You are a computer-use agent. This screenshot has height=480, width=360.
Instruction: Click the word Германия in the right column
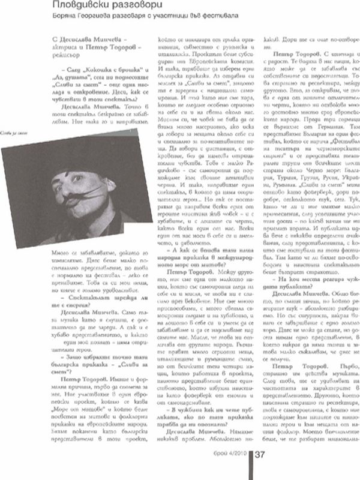tap(320, 145)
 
